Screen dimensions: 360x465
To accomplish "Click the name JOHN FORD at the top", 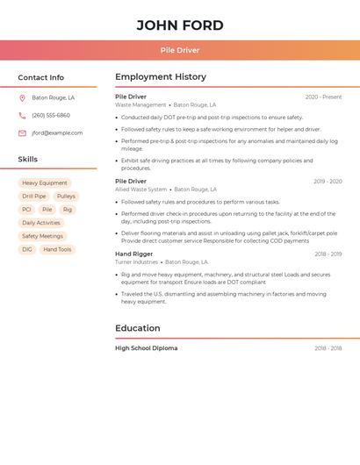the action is pyautogui.click(x=180, y=25).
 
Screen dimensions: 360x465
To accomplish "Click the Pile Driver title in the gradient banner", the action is pyautogui.click(x=180, y=50).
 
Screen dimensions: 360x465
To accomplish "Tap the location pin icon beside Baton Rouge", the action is pyautogui.click(x=22, y=98).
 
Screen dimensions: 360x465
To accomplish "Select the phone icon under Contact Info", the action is pyautogui.click(x=22, y=115).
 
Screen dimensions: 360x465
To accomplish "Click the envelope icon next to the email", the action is pyautogui.click(x=22, y=132).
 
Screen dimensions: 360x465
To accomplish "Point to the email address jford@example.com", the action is pyautogui.click(x=57, y=132).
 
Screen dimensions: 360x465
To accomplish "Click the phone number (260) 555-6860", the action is pyautogui.click(x=51, y=115).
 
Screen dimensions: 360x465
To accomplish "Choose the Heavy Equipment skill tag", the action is pyautogui.click(x=45, y=183).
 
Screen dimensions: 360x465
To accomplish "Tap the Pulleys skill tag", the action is pyautogui.click(x=66, y=197).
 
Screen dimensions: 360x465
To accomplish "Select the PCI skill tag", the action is pyautogui.click(x=26, y=210).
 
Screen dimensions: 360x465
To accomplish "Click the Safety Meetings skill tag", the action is pyautogui.click(x=42, y=236).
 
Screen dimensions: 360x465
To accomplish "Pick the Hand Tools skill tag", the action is pyautogui.click(x=57, y=249).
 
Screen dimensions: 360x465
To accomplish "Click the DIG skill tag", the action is pyautogui.click(x=27, y=249).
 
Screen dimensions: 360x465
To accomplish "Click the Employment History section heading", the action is pyautogui.click(x=161, y=77).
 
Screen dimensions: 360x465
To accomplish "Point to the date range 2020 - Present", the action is pyautogui.click(x=323, y=97).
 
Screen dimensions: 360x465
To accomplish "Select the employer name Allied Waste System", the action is pyautogui.click(x=140, y=190).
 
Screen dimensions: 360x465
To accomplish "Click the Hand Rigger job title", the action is pyautogui.click(x=133, y=254).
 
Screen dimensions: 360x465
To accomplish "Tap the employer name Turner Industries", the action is pyautogui.click(x=136, y=262).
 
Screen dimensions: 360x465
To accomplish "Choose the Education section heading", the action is pyautogui.click(x=138, y=328).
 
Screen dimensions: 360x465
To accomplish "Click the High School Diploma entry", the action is pyautogui.click(x=146, y=348).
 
